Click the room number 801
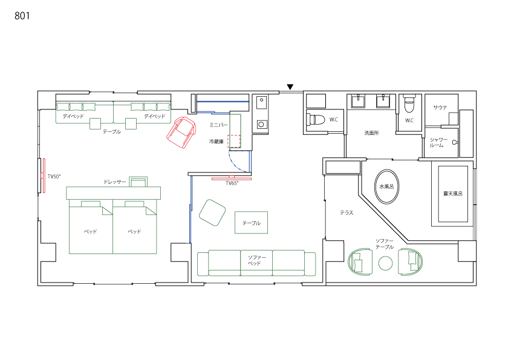[22, 16]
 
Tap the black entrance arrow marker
[290, 87]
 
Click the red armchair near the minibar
[181, 133]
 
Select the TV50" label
[54, 177]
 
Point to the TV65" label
[232, 183]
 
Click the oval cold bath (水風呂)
[387, 187]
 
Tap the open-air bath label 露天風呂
[453, 194]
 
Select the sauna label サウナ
[440, 108]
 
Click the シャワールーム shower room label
[438, 142]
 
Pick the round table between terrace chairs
[386, 263]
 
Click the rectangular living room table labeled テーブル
[251, 223]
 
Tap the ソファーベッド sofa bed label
[256, 260]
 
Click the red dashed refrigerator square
[234, 141]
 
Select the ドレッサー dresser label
[115, 182]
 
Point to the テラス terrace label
[346, 213]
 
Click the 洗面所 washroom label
[371, 133]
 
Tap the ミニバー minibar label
[218, 125]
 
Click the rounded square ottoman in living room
[212, 213]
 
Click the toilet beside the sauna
[410, 103]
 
